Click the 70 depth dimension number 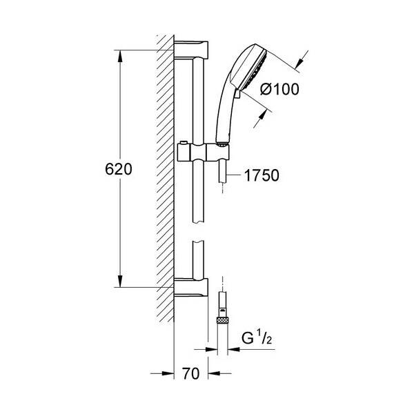[x=192, y=375]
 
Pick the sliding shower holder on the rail [x=204, y=151]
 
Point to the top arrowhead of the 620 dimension [x=122, y=55]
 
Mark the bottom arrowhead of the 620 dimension [x=122, y=282]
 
